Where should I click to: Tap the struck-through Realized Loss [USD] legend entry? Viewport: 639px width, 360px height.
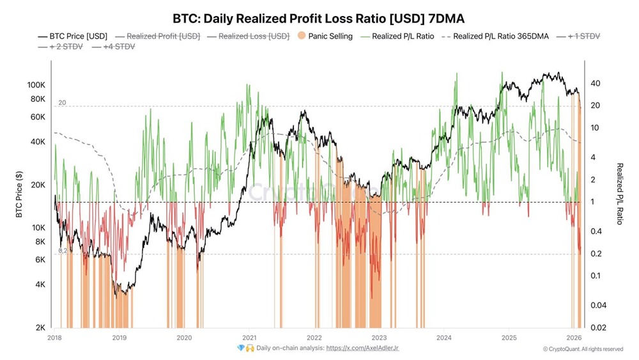[x=254, y=36]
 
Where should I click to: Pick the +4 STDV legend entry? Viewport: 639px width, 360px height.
[x=116, y=47]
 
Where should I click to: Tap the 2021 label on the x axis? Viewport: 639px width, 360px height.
[x=249, y=337]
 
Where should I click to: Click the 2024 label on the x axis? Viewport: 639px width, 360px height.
[x=444, y=337]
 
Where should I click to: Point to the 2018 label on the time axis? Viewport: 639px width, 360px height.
[x=54, y=337]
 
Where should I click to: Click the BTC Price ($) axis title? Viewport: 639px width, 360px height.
[x=19, y=194]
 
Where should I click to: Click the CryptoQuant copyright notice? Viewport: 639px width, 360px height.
[x=583, y=349]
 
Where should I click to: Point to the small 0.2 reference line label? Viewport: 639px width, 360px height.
[x=62, y=251]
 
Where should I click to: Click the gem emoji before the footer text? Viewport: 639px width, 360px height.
[x=241, y=348]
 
